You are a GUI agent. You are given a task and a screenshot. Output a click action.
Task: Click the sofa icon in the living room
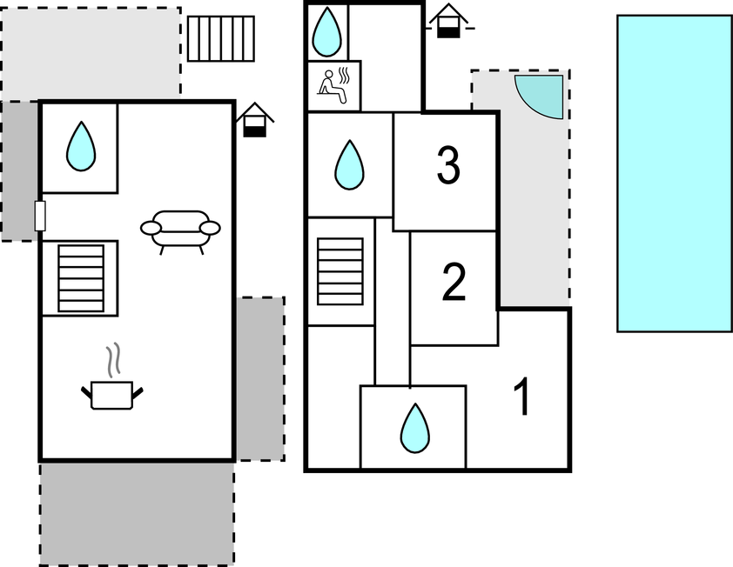tap(180, 230)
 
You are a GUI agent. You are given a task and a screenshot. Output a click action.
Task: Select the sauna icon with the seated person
tap(334, 85)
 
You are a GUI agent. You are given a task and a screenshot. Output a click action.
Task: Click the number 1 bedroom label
tap(521, 397)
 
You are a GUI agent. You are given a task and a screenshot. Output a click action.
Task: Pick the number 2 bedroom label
tap(454, 283)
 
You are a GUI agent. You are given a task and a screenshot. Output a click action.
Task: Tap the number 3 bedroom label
tap(447, 166)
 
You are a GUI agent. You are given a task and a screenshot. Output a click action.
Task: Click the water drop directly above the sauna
tap(327, 30)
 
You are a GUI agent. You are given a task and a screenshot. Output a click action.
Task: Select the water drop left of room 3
tap(349, 164)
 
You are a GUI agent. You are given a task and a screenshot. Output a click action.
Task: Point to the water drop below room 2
tap(414, 428)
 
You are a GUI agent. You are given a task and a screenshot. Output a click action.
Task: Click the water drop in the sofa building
tap(80, 146)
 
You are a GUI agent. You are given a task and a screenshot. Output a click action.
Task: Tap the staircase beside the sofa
tap(80, 277)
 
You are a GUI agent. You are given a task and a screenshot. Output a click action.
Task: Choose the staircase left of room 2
tap(340, 270)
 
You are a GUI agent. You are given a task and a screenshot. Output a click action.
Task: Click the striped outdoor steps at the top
tap(221, 38)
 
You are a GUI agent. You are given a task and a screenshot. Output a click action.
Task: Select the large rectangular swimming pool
tap(674, 173)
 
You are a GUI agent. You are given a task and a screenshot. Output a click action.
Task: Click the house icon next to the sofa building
tap(254, 119)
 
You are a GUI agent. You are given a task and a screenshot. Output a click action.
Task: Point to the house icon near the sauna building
tap(447, 21)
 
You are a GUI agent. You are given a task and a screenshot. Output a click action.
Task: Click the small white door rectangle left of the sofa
tap(40, 215)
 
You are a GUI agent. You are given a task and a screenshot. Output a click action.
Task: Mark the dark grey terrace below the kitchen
tap(137, 513)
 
